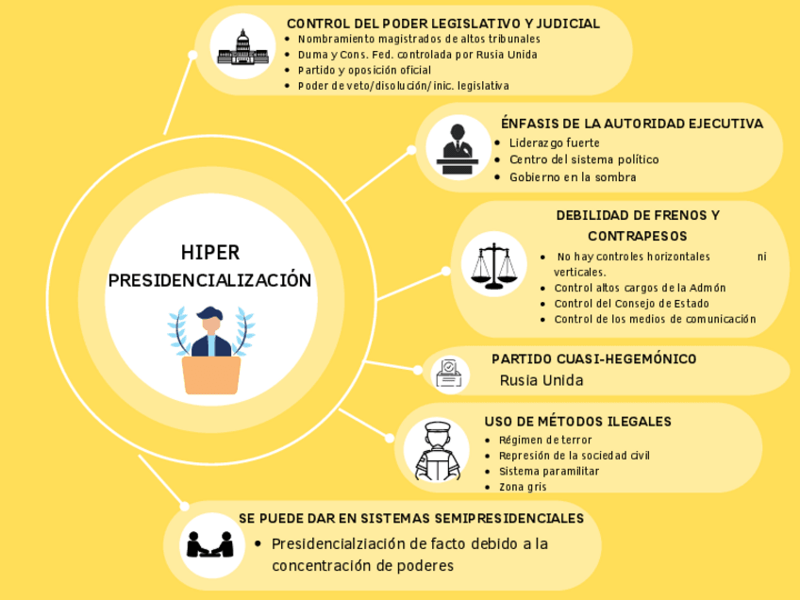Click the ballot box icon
(x=450, y=374)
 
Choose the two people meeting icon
(x=210, y=543)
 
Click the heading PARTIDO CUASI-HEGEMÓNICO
(x=593, y=359)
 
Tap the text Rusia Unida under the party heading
(x=541, y=380)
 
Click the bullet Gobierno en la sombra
(x=573, y=176)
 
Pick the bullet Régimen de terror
(x=544, y=440)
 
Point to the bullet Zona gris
(x=523, y=487)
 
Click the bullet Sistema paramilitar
(x=549, y=471)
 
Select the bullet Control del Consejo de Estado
(x=631, y=304)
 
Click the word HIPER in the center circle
(x=210, y=253)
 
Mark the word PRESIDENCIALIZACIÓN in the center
(x=209, y=280)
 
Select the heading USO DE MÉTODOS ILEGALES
(x=577, y=421)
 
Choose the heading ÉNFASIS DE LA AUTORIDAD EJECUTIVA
(x=631, y=124)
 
